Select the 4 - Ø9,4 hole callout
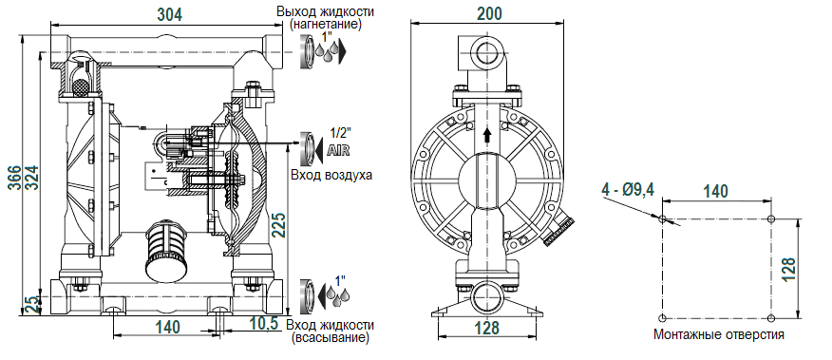click(628, 190)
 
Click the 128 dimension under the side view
click(486, 328)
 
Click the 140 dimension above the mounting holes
click(715, 191)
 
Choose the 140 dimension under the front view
click(166, 327)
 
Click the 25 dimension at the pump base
click(30, 304)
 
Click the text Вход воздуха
click(329, 175)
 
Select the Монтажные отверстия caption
click(719, 334)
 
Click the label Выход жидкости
click(326, 11)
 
